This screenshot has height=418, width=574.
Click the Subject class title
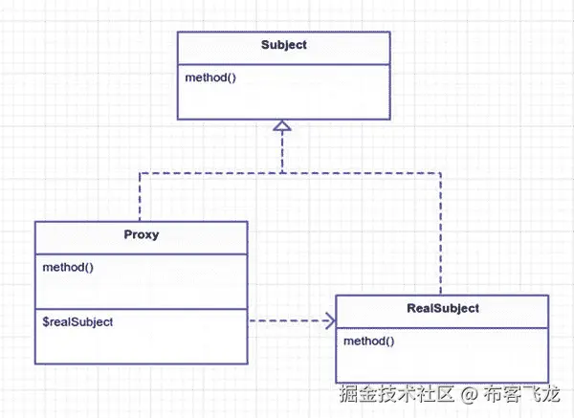284,46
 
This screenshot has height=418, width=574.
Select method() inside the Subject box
210,77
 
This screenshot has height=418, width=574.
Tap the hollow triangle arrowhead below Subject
282,126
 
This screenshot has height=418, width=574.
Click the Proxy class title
142,235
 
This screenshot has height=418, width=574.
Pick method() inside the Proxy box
68,266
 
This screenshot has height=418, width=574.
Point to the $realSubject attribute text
77,322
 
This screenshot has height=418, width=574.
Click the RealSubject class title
442,309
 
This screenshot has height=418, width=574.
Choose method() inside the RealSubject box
368,340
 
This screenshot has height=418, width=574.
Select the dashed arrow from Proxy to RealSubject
287,321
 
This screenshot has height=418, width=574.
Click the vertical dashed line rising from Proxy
141,196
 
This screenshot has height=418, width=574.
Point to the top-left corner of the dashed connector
141,173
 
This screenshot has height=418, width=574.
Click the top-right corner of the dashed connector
441,173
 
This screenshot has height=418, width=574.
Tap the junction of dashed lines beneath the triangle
282,173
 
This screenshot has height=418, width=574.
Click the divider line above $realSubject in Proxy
142,308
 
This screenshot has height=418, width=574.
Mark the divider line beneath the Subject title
284,61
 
